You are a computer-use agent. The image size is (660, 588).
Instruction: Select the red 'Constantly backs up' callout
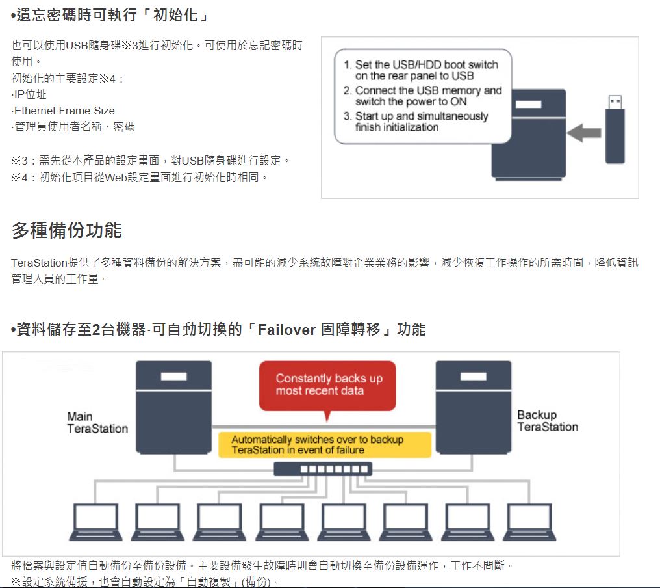coord(327,385)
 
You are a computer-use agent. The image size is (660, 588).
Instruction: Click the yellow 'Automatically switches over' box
coord(324,445)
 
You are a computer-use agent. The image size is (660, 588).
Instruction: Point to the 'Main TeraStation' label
coord(97,422)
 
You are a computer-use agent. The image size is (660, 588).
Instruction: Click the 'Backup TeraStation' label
coord(547,421)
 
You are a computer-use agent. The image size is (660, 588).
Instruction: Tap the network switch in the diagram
coord(323,469)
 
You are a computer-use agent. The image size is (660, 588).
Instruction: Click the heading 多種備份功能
coord(66,230)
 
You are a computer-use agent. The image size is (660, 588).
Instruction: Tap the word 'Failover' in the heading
coord(286,330)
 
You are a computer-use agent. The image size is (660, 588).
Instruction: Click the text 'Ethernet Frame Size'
coord(64,111)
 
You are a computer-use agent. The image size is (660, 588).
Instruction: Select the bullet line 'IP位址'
coord(30,95)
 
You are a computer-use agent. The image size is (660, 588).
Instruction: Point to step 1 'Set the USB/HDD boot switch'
coord(426,70)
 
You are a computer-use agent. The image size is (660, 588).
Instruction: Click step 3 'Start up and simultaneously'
coord(421,122)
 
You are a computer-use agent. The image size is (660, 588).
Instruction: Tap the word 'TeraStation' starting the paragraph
coord(40,263)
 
